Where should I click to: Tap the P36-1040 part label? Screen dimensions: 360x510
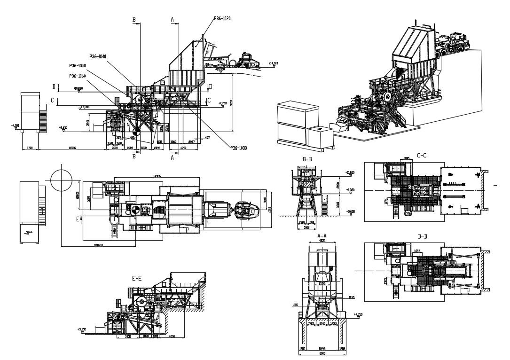(98, 56)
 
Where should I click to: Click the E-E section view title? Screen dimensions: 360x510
(137, 279)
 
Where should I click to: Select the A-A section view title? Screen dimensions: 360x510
(322, 235)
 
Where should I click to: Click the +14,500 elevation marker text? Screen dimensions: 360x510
(273, 63)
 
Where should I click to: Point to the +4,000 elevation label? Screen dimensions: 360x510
(15, 125)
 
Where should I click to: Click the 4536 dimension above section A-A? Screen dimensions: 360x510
(322, 240)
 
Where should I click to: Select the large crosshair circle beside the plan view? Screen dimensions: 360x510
(62, 179)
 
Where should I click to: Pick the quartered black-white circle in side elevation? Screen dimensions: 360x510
(135, 133)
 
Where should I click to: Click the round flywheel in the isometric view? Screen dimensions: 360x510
(386, 97)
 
